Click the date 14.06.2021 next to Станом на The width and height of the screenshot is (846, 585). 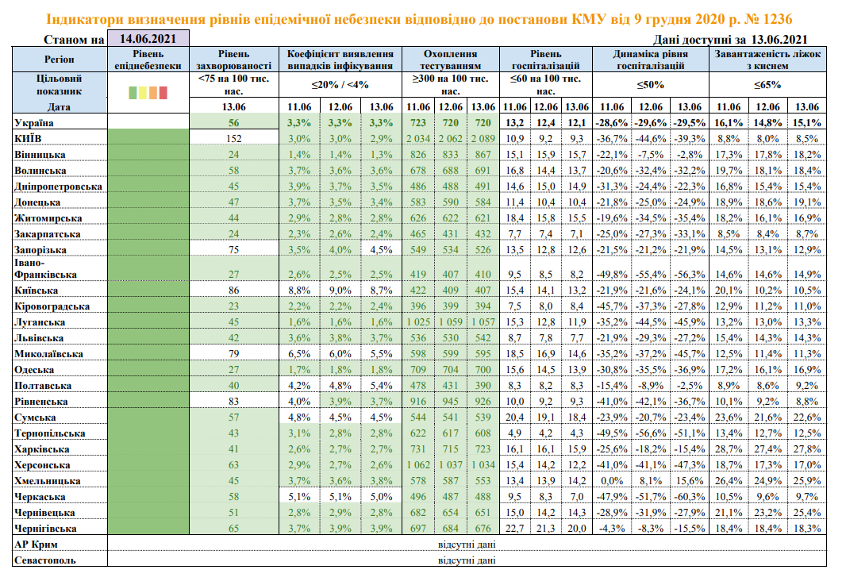(148, 38)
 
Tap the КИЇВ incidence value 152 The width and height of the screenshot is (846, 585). (234, 138)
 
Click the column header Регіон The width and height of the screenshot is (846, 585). (60, 60)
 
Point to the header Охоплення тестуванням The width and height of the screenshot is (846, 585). (451, 60)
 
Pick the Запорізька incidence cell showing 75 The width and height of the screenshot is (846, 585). (234, 249)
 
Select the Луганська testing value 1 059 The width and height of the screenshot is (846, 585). (452, 322)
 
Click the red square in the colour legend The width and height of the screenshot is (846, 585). (163, 93)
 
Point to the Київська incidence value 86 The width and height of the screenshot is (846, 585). (234, 291)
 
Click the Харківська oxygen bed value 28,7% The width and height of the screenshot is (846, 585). (729, 449)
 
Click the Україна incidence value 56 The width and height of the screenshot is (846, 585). (234, 122)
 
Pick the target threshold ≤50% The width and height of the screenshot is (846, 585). (650, 85)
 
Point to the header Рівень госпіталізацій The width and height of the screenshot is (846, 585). (547, 60)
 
